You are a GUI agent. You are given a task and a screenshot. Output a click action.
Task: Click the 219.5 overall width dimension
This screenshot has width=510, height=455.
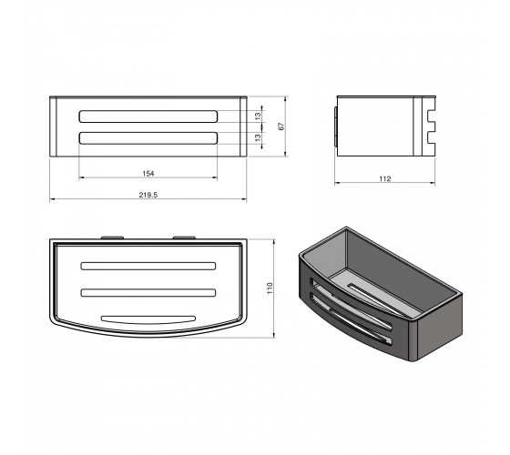click(148, 195)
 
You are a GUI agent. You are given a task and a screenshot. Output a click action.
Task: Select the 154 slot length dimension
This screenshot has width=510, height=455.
click(148, 174)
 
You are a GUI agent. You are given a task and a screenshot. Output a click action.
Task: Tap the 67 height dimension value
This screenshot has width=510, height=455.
click(281, 126)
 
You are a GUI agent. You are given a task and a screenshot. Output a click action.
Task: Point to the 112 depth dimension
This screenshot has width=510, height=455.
click(384, 178)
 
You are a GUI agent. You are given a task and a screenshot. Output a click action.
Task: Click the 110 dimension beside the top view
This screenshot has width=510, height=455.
click(270, 288)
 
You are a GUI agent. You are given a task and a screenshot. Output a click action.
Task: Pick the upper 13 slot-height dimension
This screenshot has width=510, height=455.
click(258, 116)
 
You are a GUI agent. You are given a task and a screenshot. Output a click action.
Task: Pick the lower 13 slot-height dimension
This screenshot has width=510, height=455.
click(258, 137)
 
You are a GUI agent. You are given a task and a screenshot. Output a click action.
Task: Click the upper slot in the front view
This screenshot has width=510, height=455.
click(148, 116)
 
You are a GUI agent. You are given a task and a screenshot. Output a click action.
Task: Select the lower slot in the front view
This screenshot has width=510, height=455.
click(148, 137)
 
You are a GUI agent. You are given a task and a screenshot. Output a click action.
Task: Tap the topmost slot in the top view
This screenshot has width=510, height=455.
click(148, 266)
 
